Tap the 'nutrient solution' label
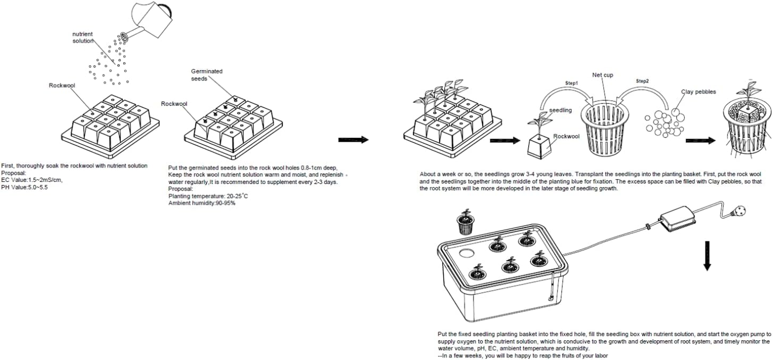click(x=82, y=37)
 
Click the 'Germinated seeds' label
click(x=206, y=75)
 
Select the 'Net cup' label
click(x=602, y=75)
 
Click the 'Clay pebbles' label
click(x=698, y=92)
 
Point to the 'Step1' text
click(x=571, y=83)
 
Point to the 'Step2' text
click(x=642, y=81)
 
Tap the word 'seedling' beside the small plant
click(x=560, y=110)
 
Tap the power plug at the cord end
click(x=738, y=210)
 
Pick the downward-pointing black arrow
click(x=707, y=256)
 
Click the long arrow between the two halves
click(x=353, y=140)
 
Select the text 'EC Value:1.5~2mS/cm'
click(x=32, y=180)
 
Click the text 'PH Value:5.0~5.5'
click(x=24, y=187)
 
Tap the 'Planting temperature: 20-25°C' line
click(x=208, y=196)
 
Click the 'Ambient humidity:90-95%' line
click(x=202, y=203)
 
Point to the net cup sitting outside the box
click(x=466, y=223)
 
